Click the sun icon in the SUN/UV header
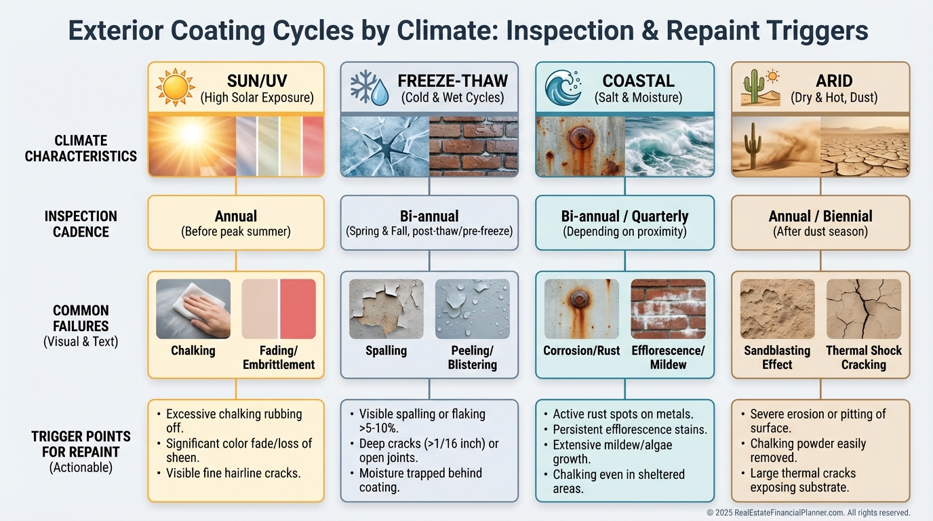pos(176,87)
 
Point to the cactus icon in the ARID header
pos(754,87)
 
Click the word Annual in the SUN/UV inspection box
pos(236,216)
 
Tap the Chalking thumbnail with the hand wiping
pos(193,309)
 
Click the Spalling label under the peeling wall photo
pos(386,351)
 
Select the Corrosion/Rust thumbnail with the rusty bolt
pos(582,309)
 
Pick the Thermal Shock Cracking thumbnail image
pos(864,309)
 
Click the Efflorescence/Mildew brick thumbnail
pos(668,309)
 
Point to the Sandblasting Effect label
pos(777,358)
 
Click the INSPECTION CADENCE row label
pos(81,224)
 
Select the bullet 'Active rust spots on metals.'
pos(622,414)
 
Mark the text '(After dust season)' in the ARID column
pos(820,232)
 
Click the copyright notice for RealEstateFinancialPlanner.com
pos(808,513)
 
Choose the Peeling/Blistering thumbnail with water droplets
pos(473,309)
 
